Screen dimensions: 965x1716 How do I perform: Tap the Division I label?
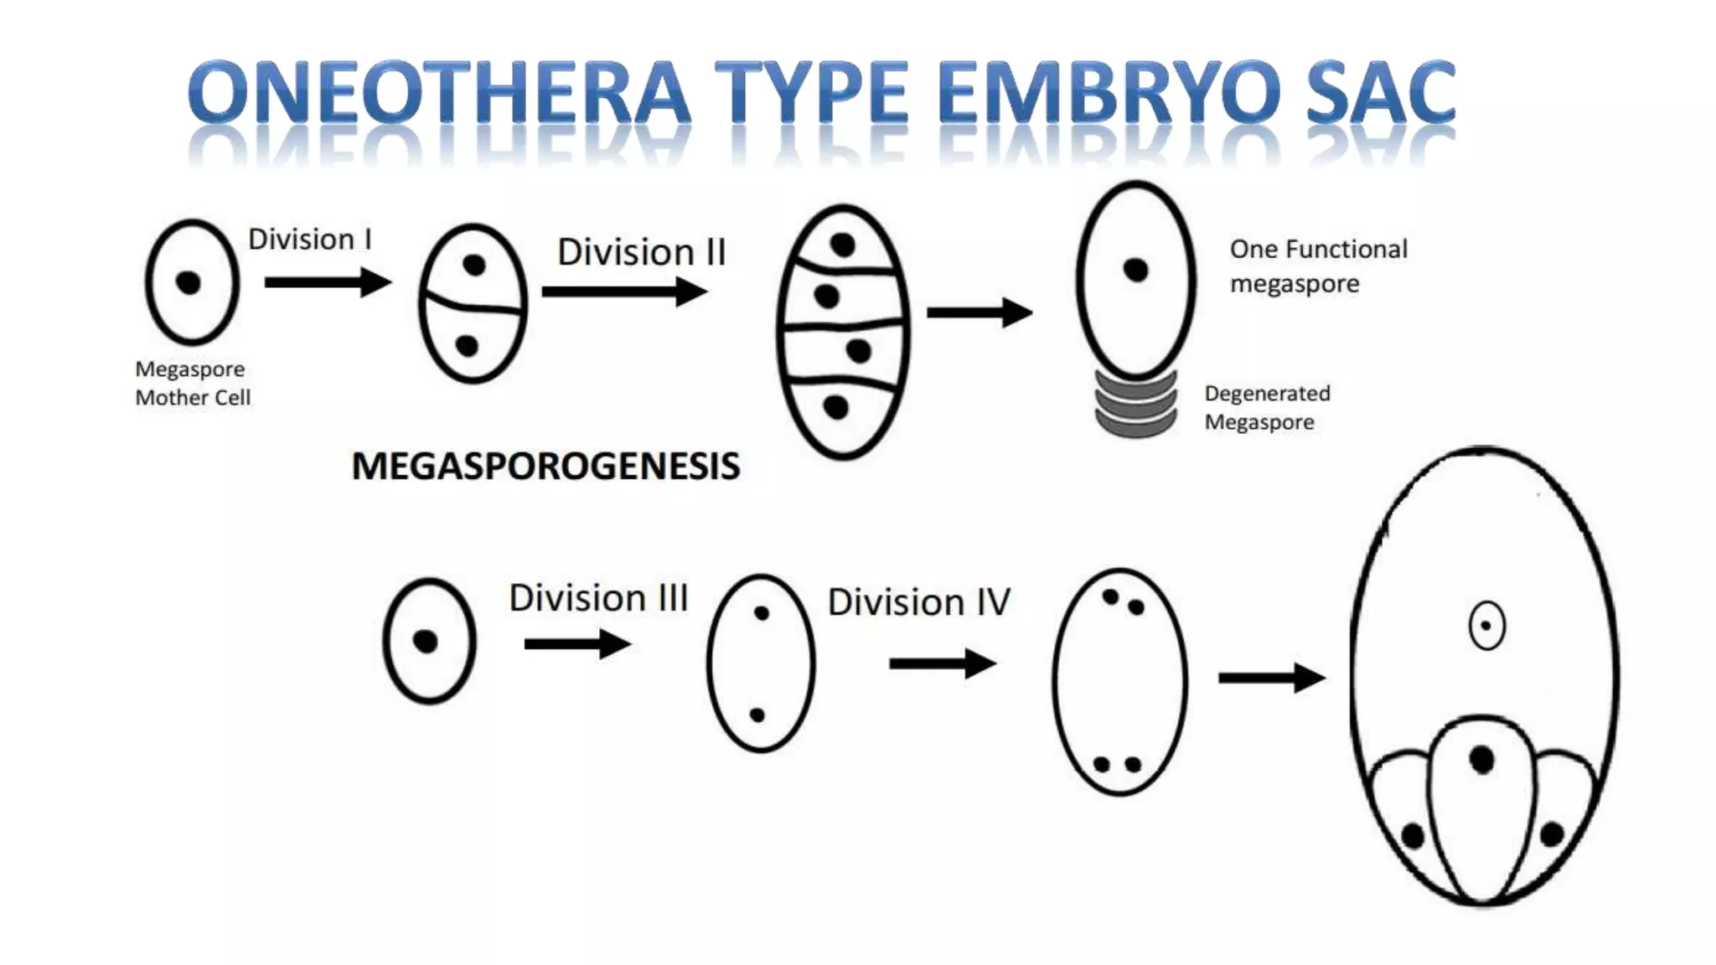pos(309,239)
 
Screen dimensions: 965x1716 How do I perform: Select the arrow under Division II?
pos(624,292)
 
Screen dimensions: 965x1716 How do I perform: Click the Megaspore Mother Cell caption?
pos(192,383)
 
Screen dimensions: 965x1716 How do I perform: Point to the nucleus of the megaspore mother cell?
pos(189,282)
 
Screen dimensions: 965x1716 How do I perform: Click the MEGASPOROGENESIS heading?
pos(545,466)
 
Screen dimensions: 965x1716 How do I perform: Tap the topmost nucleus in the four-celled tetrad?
pos(842,245)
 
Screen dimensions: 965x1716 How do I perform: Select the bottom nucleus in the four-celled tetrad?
pos(835,407)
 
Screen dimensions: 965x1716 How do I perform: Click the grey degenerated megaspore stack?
pos(1136,405)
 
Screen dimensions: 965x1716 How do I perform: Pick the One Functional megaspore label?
pos(1317,266)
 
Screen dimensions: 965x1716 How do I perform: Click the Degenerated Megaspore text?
pos(1266,407)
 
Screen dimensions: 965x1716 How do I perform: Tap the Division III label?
pos(598,598)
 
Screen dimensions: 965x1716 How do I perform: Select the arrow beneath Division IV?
pos(942,663)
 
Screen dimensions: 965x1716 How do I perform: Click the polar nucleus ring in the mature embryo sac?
pos(1486,626)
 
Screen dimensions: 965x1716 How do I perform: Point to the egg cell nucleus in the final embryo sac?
pos(1481,760)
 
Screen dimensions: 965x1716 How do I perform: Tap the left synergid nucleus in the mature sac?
pos(1413,835)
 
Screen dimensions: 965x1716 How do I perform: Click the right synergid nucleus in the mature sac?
pos(1551,833)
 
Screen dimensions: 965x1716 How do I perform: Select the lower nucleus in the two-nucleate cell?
pos(757,715)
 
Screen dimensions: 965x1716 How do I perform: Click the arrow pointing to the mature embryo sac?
pos(1270,678)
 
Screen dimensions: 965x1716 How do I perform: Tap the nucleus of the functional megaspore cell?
pos(1135,271)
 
